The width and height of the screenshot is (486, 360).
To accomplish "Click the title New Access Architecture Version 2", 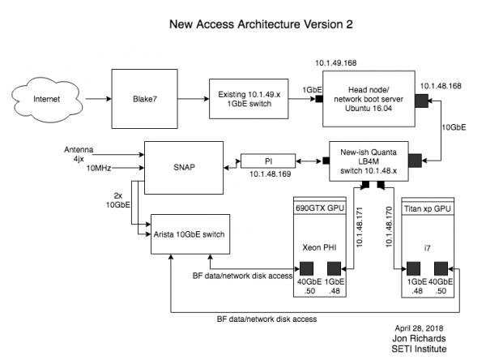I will click(242, 24).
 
